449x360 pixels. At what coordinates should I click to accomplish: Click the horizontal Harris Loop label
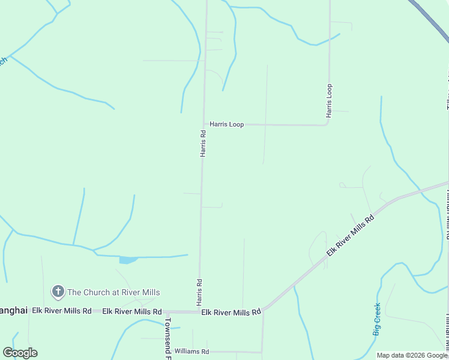(x=226, y=124)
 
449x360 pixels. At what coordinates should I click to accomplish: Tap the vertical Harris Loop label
(x=329, y=100)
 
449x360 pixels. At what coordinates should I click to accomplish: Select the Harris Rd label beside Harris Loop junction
(x=203, y=143)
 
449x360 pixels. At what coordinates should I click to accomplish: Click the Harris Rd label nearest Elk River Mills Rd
(x=199, y=291)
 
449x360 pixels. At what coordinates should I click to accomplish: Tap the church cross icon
(x=58, y=292)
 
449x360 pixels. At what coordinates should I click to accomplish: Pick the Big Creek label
(x=377, y=319)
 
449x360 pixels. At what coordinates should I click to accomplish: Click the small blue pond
(x=128, y=260)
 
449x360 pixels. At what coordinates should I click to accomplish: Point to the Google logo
(x=20, y=352)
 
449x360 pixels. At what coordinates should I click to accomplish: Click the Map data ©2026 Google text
(x=412, y=355)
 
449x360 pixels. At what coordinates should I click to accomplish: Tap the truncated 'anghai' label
(x=13, y=310)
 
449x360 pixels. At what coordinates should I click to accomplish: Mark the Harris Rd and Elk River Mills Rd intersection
(x=199, y=312)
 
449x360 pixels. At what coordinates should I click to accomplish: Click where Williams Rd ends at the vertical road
(x=262, y=352)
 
